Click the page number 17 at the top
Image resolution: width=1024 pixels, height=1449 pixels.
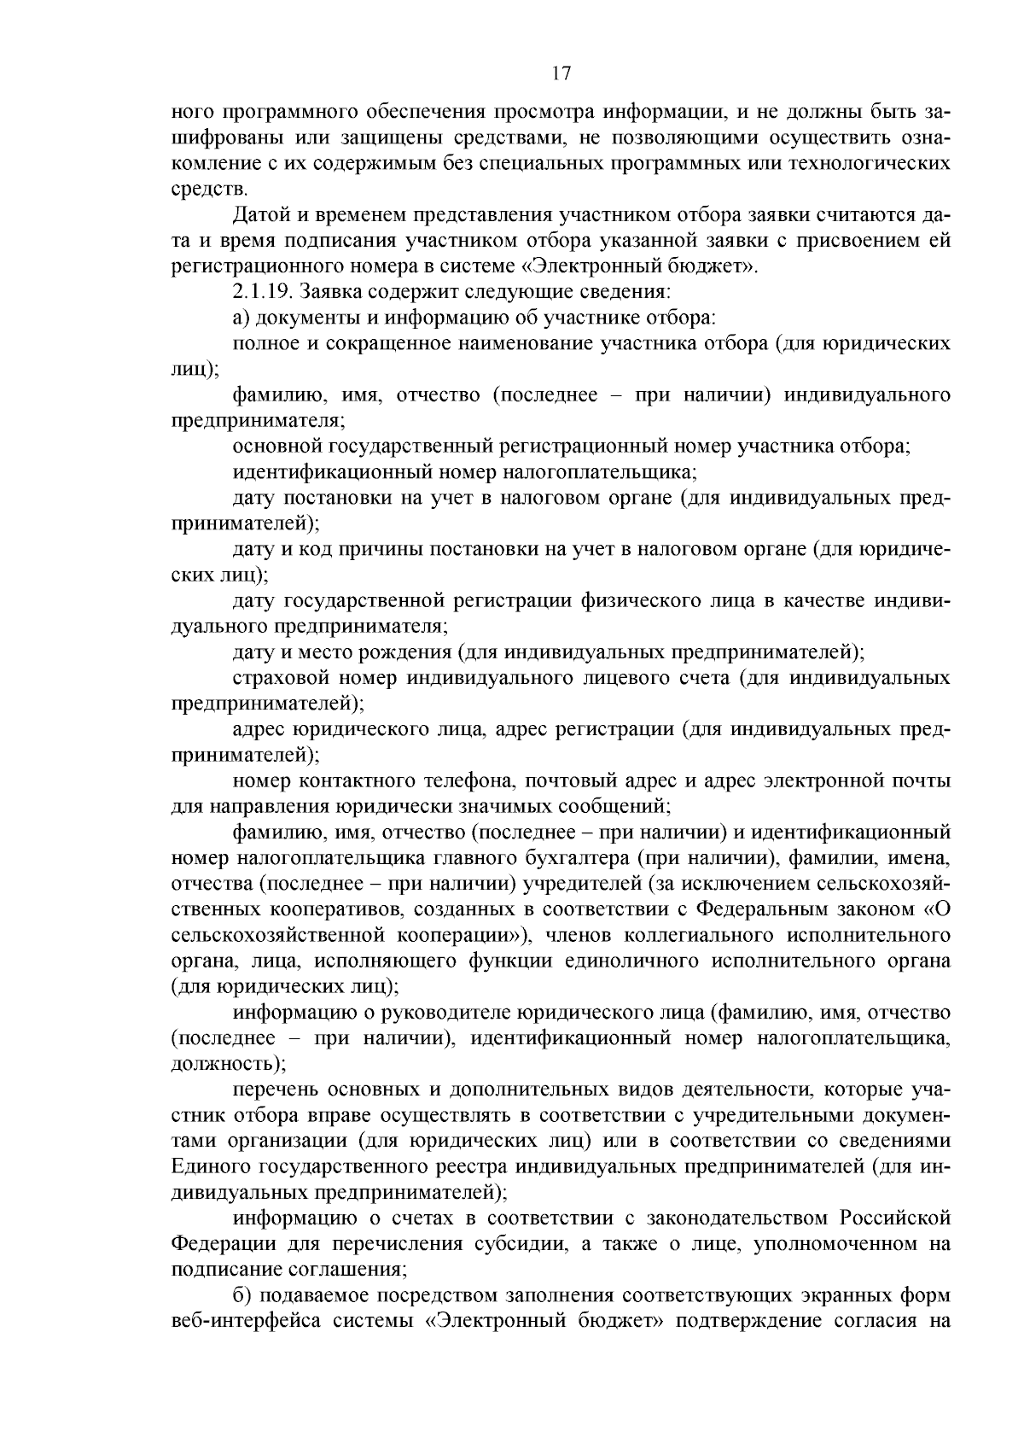click(x=560, y=73)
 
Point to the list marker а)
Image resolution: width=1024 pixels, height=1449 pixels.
click(x=241, y=318)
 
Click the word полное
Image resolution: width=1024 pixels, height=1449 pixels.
click(x=263, y=343)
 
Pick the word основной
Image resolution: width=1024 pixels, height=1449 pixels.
click(x=273, y=446)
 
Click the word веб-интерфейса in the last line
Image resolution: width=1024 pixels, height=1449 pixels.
click(x=243, y=1321)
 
